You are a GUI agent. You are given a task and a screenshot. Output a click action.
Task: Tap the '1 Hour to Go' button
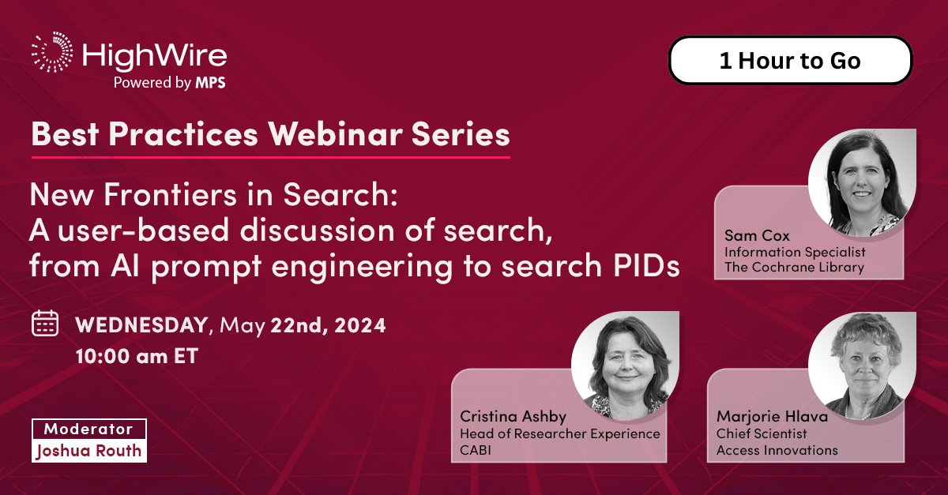(790, 61)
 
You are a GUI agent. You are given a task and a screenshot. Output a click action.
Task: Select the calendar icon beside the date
(45, 324)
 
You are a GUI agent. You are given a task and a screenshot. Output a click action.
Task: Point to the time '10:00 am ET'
(137, 356)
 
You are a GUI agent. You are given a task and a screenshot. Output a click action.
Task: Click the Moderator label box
(88, 429)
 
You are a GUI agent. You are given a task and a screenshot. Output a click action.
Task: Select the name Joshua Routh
(88, 452)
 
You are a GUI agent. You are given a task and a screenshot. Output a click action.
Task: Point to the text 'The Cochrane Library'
(794, 267)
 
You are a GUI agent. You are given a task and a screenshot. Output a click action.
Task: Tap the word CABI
(476, 450)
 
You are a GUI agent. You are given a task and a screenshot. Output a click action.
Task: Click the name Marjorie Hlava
(773, 416)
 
